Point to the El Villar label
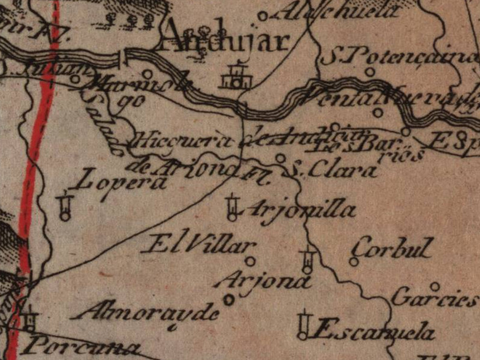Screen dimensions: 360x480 [202, 244]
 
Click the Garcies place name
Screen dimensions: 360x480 [434, 297]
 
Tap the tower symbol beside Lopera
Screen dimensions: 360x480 [65, 206]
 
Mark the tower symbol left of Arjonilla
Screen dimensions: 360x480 [232, 207]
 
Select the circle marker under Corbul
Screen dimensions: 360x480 [354, 262]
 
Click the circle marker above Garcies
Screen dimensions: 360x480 [434, 286]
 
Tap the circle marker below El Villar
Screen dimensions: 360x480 [250, 261]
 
